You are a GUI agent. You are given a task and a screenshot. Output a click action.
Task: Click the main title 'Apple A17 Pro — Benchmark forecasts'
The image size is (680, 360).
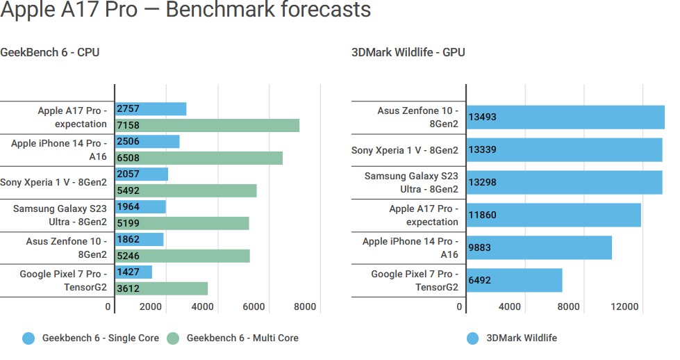point(185,10)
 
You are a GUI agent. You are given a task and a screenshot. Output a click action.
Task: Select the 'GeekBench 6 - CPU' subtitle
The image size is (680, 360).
point(50,52)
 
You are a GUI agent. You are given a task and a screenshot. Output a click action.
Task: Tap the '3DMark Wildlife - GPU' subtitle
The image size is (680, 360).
point(408,52)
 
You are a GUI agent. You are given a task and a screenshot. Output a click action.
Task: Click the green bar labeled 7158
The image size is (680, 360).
point(207,125)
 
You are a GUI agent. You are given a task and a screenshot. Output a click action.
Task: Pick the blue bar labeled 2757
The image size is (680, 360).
point(151,109)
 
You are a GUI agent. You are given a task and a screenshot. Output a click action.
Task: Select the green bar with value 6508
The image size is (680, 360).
point(199,158)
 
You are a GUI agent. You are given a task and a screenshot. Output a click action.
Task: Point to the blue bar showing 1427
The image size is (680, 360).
point(133,272)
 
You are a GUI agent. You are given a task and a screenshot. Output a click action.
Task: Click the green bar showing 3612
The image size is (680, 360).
point(161,288)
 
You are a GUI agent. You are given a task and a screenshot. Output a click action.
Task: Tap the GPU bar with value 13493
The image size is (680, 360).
point(565,117)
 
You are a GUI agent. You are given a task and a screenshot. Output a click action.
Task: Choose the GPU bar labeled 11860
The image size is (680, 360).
point(554,215)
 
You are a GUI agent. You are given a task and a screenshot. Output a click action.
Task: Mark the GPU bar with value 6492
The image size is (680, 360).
point(514,280)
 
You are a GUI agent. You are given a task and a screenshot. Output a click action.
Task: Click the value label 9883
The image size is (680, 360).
point(483,247)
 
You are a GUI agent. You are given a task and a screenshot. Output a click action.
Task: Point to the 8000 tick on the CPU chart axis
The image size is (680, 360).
point(305,306)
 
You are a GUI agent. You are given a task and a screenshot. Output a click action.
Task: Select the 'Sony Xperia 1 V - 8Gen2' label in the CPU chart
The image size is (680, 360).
point(54,182)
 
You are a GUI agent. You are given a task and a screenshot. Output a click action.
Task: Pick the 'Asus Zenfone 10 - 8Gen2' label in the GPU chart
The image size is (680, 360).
point(417,117)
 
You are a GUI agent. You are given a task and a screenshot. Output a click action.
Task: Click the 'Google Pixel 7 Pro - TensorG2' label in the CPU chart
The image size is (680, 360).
point(63,280)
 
